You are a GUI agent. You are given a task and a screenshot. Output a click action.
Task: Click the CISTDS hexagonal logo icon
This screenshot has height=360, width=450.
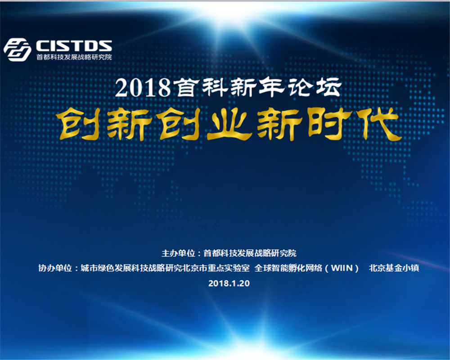17,50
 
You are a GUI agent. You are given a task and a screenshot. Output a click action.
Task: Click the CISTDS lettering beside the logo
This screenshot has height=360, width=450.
74,45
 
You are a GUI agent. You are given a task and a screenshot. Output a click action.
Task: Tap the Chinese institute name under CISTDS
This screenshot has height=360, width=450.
74,57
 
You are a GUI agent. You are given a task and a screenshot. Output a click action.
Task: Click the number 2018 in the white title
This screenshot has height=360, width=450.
143,88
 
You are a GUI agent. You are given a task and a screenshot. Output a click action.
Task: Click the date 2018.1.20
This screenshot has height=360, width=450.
229,283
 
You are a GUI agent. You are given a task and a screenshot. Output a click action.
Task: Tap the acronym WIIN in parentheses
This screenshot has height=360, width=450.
342,268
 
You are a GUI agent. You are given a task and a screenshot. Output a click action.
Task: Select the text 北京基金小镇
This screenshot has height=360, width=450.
394,268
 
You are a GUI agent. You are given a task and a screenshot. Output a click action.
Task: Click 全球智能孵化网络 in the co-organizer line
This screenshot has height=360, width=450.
288,268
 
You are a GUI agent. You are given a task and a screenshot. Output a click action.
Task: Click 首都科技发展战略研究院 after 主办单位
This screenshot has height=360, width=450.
250,253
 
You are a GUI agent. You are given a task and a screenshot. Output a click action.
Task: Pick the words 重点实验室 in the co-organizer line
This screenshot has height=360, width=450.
229,268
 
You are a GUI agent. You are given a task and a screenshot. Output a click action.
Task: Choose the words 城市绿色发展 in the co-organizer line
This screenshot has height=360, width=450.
106,268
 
